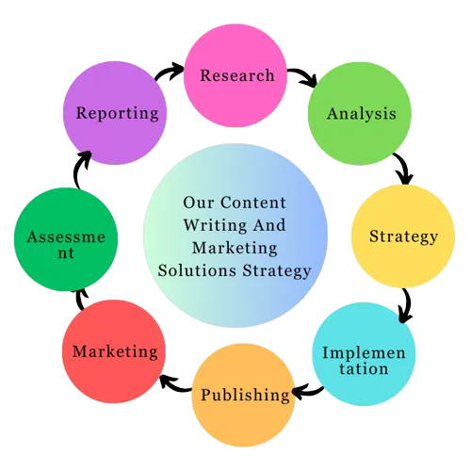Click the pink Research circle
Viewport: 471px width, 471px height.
point(235,75)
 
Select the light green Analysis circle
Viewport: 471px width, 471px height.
point(360,113)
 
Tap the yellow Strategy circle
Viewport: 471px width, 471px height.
point(403,236)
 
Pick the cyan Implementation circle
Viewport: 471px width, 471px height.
point(364,354)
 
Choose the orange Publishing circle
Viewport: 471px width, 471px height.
point(243,395)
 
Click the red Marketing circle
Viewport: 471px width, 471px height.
point(114,351)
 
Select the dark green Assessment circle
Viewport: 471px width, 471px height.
point(66,239)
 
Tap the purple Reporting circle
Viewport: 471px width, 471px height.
point(115,113)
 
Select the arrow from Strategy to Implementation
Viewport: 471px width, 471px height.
point(408,304)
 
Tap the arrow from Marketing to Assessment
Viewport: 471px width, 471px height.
point(79,299)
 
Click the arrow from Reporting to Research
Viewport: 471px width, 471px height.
point(168,71)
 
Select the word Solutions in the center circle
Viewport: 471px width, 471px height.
point(197,270)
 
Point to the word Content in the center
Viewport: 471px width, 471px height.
point(253,203)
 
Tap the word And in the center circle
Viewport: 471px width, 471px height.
point(269,225)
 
